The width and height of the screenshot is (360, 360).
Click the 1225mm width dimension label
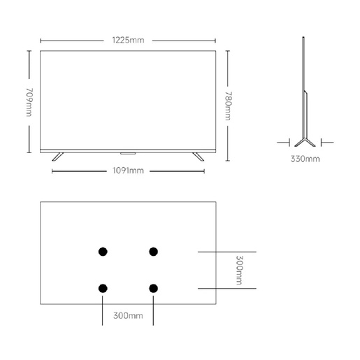[x=128, y=40]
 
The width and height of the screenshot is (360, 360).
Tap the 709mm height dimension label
[x=29, y=102]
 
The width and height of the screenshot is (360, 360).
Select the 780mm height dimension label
[x=228, y=106]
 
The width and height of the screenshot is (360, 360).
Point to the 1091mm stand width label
[x=128, y=171]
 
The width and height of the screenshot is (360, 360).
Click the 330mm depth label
[x=305, y=159]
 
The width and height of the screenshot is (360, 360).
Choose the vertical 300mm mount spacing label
[x=239, y=270]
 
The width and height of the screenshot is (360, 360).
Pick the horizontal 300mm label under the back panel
[x=128, y=316]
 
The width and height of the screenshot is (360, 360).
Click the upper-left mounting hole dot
[x=103, y=252]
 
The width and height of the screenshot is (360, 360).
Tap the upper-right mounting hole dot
[x=153, y=252]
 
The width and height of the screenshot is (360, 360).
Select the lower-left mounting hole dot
[x=103, y=289]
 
